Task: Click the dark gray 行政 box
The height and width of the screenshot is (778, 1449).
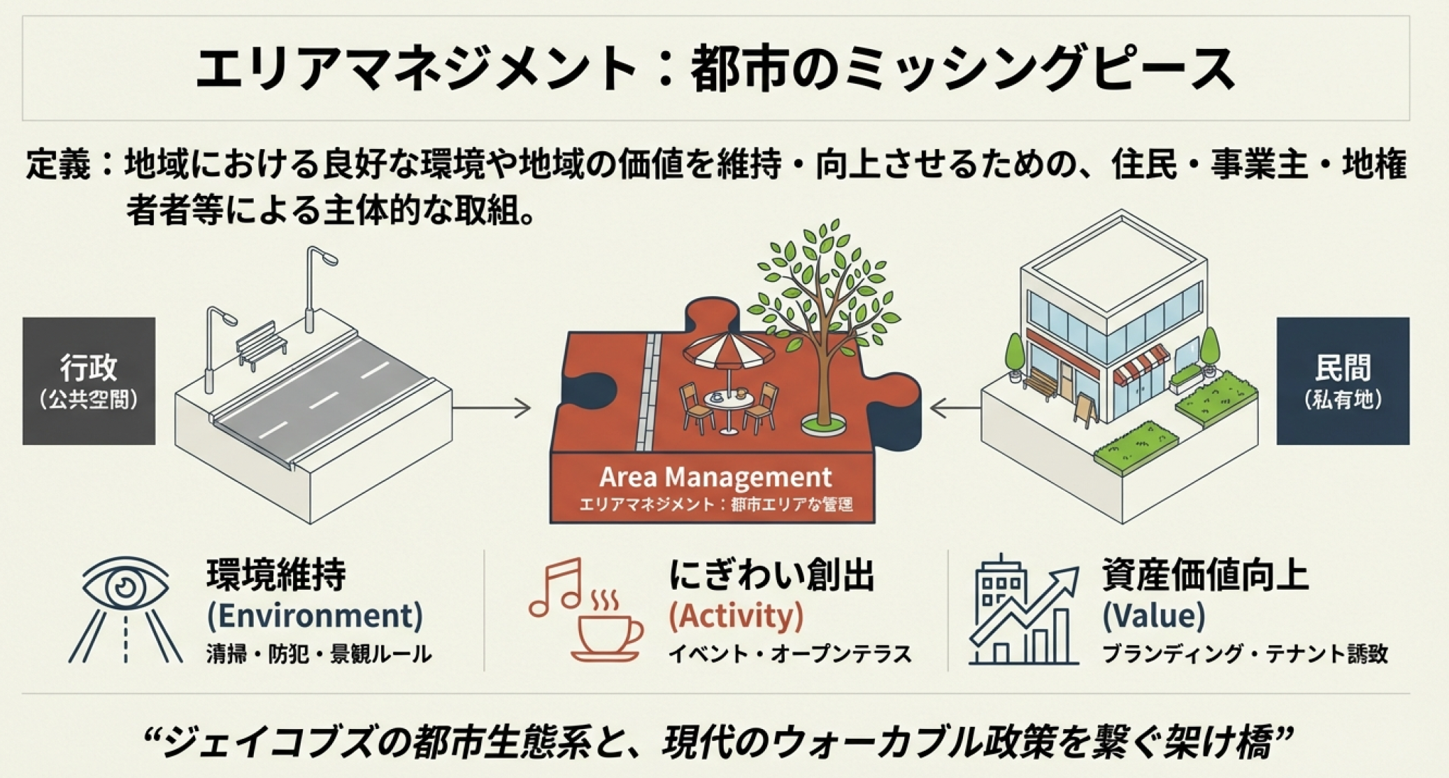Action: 89,381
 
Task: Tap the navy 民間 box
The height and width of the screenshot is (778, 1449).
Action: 1343,381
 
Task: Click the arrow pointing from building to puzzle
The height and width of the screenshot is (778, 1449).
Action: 955,407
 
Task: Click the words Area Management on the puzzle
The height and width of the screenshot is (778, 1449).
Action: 715,477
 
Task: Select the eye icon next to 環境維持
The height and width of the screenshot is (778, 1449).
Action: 126,586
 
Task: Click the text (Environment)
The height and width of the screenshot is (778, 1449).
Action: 315,616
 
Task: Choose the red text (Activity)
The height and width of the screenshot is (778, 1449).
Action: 736,616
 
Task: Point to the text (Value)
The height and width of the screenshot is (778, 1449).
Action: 1154,616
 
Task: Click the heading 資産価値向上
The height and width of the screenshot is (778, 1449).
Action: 1205,575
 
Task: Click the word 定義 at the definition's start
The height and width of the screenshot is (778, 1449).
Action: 59,165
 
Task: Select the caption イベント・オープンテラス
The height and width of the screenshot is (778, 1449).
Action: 790,654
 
